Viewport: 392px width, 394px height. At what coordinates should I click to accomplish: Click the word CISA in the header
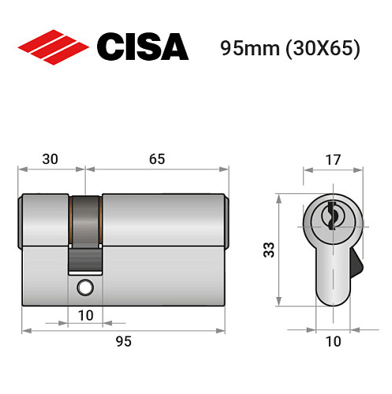tap(143, 46)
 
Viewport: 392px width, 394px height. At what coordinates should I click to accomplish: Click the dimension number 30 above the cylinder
tap(50, 158)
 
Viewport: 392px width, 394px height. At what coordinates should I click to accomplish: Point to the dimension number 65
tap(156, 158)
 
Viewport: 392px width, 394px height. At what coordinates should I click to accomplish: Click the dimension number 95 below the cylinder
tap(122, 340)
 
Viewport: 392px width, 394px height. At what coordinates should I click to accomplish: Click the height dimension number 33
tap(268, 250)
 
